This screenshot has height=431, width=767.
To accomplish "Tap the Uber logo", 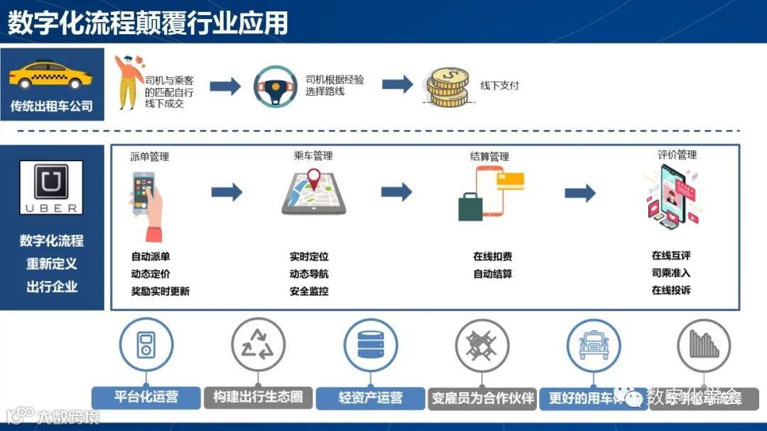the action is coord(51,187).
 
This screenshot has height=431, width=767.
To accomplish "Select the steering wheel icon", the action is coord(275,86).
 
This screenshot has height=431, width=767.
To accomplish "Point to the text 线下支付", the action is coord(500,86).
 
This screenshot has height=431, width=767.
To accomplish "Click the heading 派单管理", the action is coord(150,156).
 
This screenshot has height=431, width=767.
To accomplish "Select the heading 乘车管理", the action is coord(313,156).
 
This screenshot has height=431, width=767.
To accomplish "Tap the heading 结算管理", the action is coord(489,156).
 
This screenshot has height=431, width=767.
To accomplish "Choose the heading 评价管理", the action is coord(677,155).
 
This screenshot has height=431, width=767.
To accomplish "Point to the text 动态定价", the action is coord(151,274).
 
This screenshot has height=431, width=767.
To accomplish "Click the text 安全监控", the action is coord(309,291).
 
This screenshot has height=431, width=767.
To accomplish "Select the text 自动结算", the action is coord(493,274).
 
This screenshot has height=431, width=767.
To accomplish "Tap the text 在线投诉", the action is coord(671,290).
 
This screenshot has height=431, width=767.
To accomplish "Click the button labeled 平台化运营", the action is coord(146,397).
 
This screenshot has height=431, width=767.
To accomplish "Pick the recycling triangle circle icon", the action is coord(258,344).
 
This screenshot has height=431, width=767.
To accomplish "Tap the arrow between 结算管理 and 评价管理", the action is coord(580,192).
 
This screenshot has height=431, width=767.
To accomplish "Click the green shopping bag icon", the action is coord(470,206).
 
